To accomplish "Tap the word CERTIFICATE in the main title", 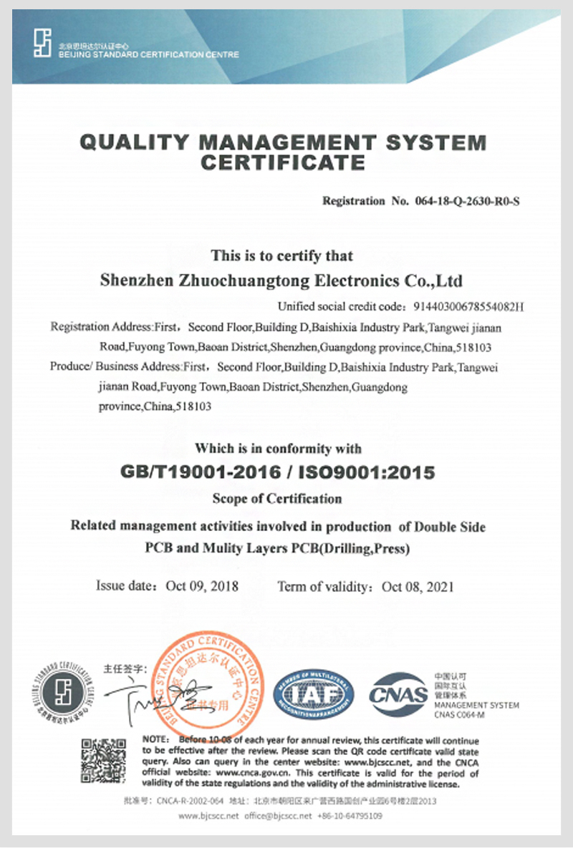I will click(283, 162).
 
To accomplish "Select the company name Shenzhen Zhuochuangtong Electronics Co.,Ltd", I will click(283, 281).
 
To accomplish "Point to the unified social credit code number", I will click(470, 307).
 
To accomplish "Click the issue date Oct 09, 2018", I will click(203, 586).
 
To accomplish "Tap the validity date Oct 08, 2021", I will click(418, 587).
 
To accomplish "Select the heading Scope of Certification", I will click(277, 498).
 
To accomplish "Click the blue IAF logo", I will click(316, 693).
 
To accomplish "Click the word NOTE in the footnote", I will click(155, 739).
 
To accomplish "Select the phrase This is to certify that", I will click(281, 255).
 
